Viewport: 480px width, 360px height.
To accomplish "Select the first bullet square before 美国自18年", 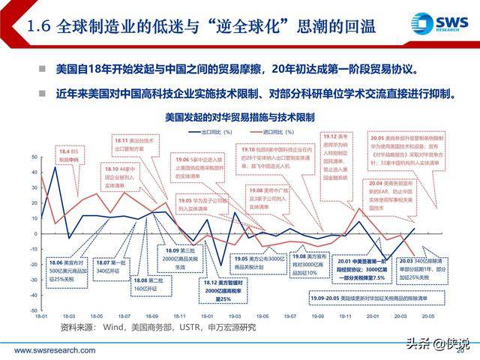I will (43, 69).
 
